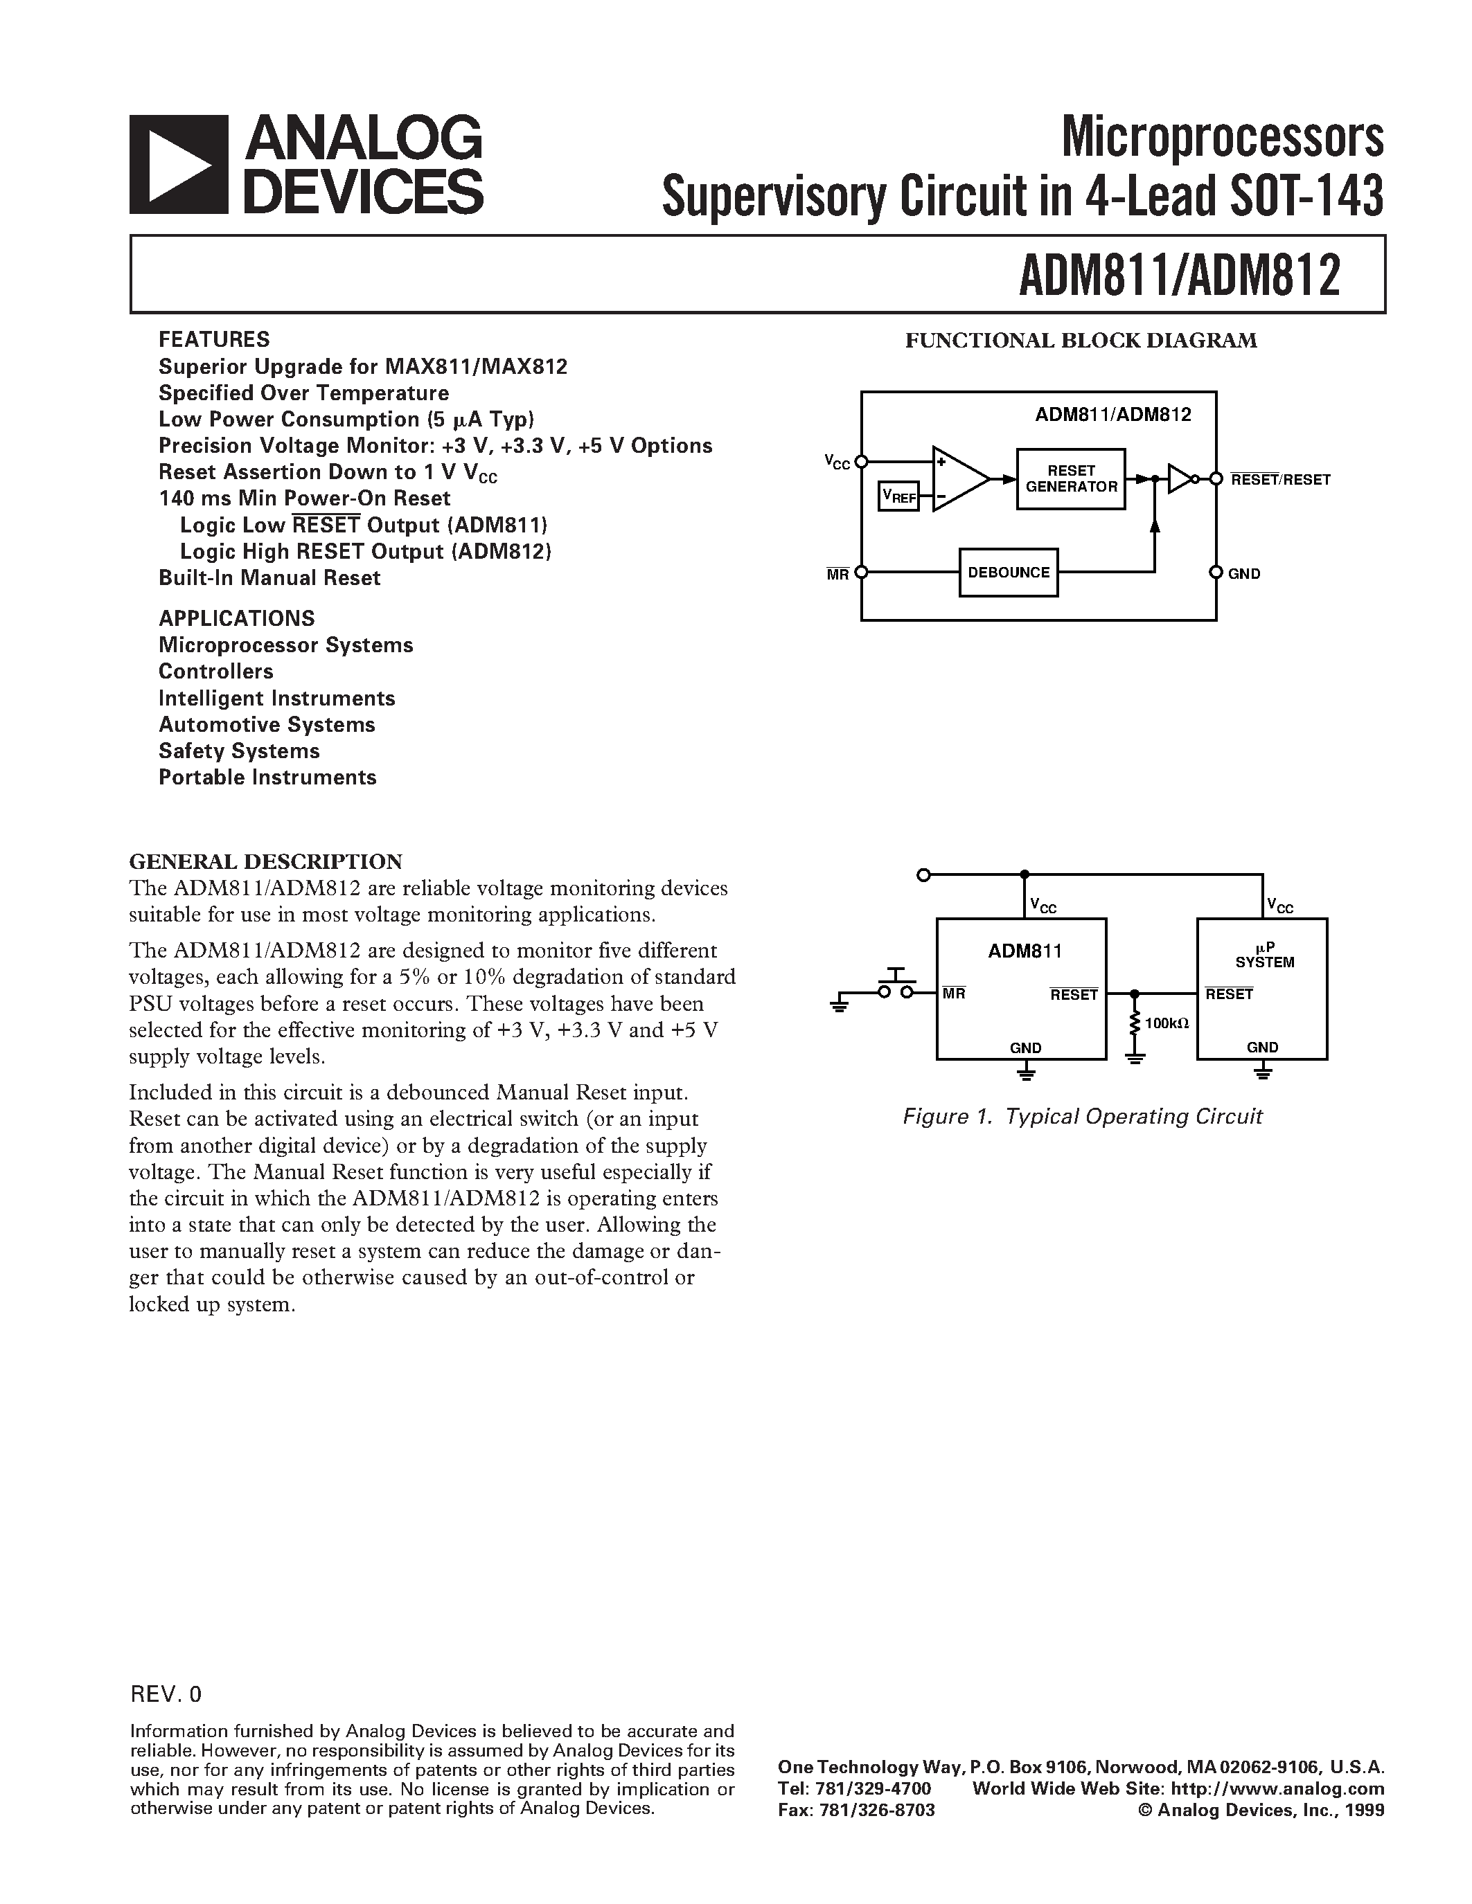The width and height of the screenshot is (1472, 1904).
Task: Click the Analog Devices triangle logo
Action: [x=179, y=165]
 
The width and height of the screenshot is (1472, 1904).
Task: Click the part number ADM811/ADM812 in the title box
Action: [x=1179, y=276]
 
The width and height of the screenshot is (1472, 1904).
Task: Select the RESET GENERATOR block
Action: [x=1071, y=478]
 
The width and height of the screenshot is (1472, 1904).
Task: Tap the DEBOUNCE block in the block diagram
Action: [x=1008, y=573]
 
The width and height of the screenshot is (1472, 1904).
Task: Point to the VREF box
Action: [x=899, y=496]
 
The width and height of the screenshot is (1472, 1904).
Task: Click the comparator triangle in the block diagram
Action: [x=957, y=478]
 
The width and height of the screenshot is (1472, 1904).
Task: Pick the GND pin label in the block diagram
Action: [x=1244, y=574]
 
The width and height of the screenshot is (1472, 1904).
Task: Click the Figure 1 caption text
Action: [x=1082, y=1117]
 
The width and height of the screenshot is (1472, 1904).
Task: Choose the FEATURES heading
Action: [x=213, y=339]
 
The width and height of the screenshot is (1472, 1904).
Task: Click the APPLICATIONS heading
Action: [x=236, y=618]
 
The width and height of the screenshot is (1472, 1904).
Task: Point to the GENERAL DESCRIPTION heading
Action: [x=266, y=861]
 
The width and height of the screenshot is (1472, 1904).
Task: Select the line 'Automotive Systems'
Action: [x=267, y=724]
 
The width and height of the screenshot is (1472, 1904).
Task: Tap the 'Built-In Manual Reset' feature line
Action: [x=269, y=577]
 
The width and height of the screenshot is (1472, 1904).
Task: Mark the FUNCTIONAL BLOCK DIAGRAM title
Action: [x=1081, y=340]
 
